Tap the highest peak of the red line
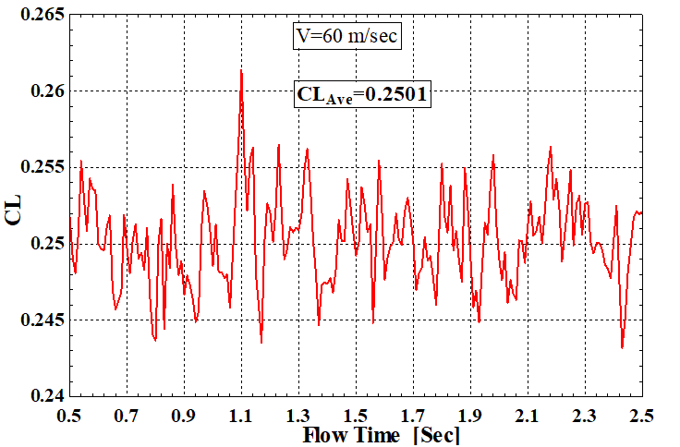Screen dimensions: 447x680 (241, 70)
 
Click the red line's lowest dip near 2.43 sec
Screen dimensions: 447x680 (622, 347)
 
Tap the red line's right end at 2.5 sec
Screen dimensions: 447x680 (640, 211)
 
